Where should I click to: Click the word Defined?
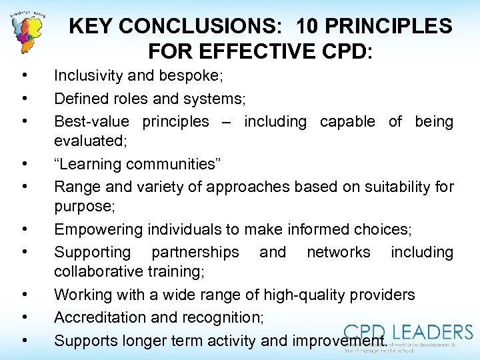click(x=82, y=99)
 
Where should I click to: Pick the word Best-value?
click(x=93, y=121)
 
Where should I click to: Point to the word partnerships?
click(x=195, y=252)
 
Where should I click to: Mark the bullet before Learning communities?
click(x=24, y=164)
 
